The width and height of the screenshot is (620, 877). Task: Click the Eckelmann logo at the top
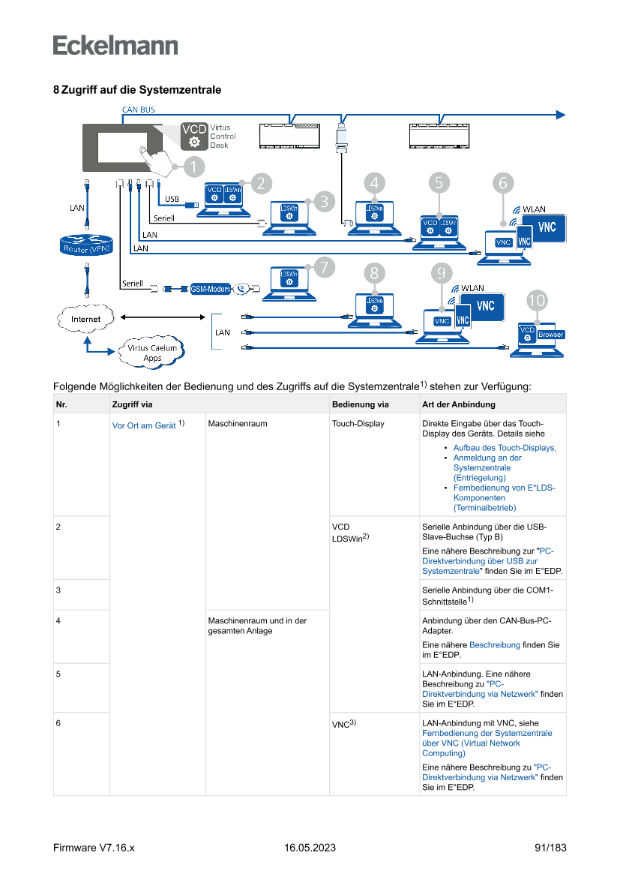click(x=115, y=45)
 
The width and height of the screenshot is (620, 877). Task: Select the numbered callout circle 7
click(x=323, y=266)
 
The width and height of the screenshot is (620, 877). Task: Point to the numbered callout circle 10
click(x=537, y=300)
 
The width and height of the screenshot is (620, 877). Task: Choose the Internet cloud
click(x=85, y=319)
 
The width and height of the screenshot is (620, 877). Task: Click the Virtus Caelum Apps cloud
click(x=152, y=352)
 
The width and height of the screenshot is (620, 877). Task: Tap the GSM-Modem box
click(x=209, y=288)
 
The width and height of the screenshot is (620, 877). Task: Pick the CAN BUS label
click(x=139, y=110)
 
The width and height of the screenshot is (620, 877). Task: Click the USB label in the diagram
click(x=172, y=199)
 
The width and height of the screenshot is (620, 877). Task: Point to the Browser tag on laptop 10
click(x=551, y=335)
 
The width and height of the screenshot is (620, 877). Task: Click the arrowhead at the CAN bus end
click(x=560, y=115)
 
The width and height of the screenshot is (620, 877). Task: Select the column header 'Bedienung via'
click(x=361, y=405)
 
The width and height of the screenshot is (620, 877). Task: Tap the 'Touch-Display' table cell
click(x=358, y=424)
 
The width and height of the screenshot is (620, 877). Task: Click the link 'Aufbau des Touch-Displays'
click(x=505, y=448)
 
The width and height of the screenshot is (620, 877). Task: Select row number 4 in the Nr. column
click(x=58, y=620)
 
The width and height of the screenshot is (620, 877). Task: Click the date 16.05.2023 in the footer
click(x=310, y=848)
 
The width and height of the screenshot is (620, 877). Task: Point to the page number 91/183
click(x=550, y=848)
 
